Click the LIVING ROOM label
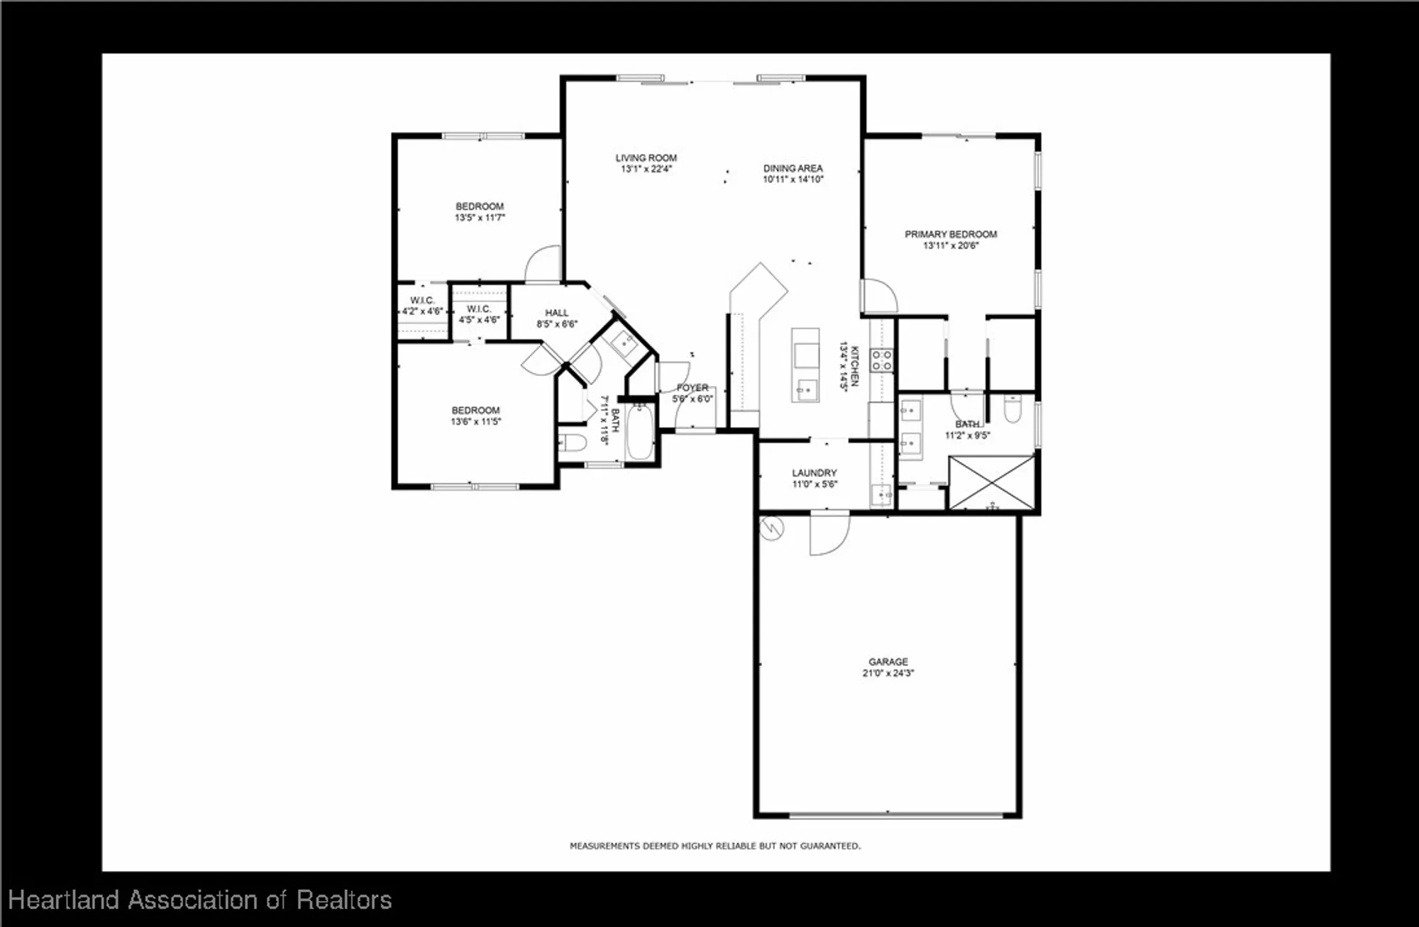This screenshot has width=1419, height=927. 646,158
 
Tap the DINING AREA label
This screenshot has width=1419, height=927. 793,169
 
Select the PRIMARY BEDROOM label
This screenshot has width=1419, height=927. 951,234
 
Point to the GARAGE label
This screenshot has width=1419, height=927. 888,662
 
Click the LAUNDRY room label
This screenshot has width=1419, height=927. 815,473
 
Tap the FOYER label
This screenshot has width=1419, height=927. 692,388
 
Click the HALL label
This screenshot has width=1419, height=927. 557,313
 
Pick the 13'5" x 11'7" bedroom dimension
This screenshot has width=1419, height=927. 480,218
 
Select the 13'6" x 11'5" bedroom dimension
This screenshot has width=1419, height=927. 475,421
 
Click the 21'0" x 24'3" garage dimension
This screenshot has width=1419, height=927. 888,673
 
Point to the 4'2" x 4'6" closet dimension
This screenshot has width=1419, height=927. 422,311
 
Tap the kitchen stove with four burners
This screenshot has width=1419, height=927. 882,360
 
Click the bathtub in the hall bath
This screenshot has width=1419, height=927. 641,432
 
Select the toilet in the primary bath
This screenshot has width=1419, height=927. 1012,409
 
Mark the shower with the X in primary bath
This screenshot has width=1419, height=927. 992,483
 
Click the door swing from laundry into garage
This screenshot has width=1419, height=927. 829,533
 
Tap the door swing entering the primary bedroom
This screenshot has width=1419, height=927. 878,295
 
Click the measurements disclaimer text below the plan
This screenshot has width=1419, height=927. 715,846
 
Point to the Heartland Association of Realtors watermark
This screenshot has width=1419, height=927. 200,900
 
